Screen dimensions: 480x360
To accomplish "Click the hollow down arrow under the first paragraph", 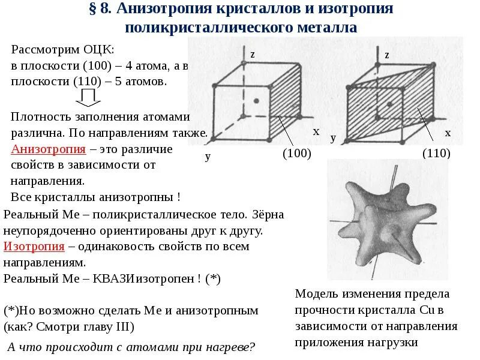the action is [x=89, y=97].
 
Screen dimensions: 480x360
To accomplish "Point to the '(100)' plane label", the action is [x=296, y=154].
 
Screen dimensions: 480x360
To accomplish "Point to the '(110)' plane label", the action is [x=436, y=154].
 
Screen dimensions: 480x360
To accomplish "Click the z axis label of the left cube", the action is [x=253, y=55].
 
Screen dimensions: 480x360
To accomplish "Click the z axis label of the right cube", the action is [x=387, y=55].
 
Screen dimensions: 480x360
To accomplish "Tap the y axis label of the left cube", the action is [x=208, y=157].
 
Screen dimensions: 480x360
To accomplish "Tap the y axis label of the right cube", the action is [x=333, y=138].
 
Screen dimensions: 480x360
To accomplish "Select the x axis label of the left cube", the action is [x=316, y=131].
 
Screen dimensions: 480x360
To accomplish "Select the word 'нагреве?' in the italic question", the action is [x=229, y=347].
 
